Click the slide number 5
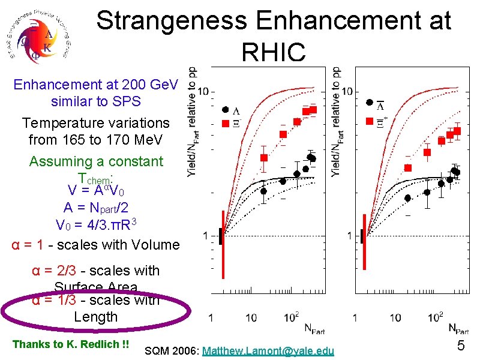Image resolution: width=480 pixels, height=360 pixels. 461,346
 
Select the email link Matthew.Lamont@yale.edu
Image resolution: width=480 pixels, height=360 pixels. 269,349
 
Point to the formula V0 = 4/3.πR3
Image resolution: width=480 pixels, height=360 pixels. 98,225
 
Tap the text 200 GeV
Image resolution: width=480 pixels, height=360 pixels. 149,85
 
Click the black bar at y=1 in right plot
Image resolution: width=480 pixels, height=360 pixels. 362,236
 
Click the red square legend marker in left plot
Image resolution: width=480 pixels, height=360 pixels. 225,123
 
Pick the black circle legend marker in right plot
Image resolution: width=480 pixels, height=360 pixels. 370,103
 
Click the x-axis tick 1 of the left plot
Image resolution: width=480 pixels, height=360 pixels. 211,316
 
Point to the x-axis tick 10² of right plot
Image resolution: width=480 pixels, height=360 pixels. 436,316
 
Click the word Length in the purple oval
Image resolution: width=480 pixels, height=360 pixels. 95,316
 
